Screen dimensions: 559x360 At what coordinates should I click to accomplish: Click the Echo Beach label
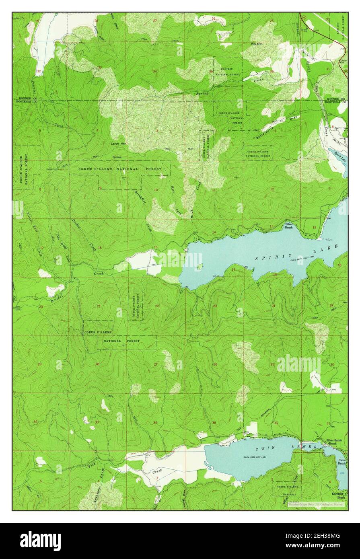[342, 462]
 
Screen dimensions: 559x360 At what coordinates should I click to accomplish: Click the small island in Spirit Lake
[202, 267]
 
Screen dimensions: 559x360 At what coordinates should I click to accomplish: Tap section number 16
[100, 248]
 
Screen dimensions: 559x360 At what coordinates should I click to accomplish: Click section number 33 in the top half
[100, 67]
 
